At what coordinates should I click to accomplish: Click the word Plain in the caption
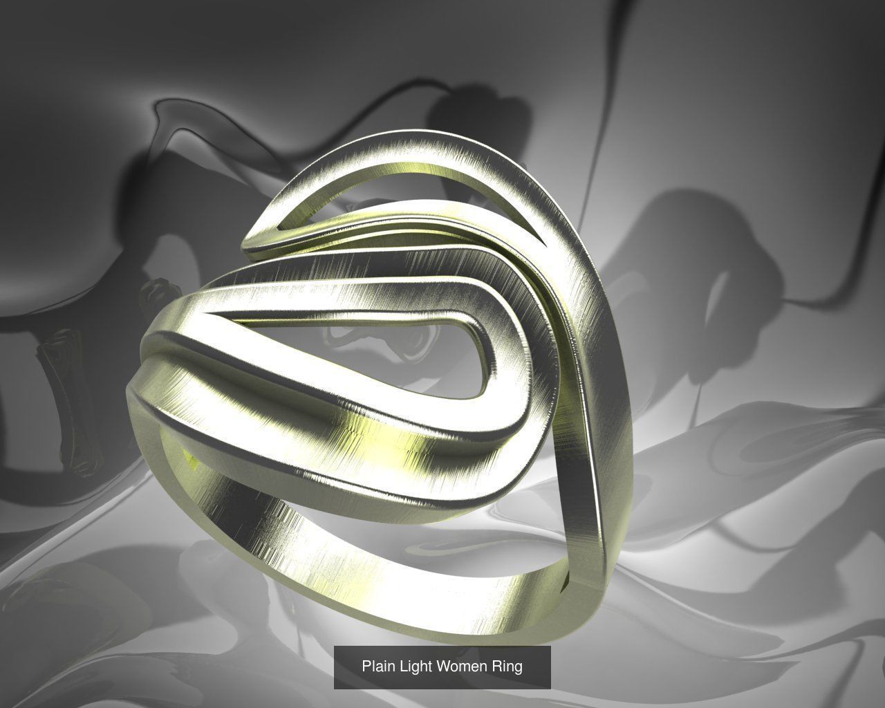click(x=378, y=667)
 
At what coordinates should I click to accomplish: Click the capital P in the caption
click(x=366, y=667)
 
